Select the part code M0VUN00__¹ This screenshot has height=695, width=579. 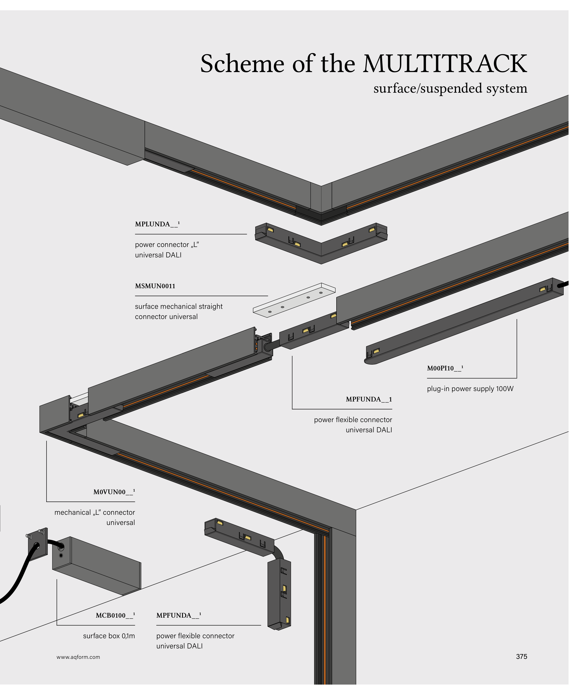click(114, 492)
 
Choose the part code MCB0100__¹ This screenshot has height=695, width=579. click(115, 616)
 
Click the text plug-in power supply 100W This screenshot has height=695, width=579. click(470, 389)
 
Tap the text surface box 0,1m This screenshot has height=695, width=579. click(109, 636)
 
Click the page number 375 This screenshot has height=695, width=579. click(521, 657)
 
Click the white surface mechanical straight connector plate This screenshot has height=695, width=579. click(294, 300)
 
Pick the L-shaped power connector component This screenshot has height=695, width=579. click(321, 243)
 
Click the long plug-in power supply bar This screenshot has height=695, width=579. click(463, 321)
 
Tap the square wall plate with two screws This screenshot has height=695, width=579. click(37, 544)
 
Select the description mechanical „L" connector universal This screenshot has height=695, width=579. click(95, 518)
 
